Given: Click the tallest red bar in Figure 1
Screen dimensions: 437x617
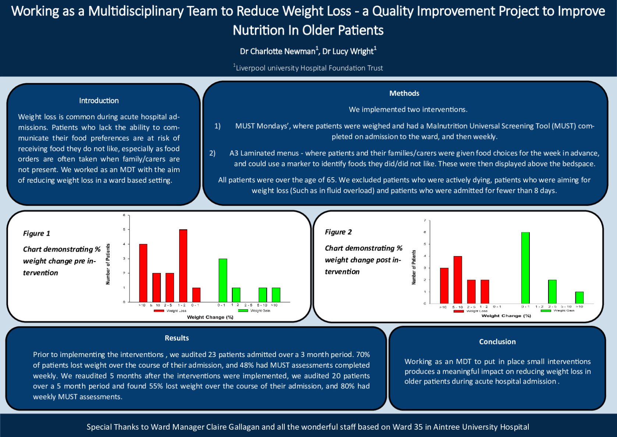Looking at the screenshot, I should pos(183,265).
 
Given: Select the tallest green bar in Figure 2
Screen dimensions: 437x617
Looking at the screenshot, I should pos(525,268).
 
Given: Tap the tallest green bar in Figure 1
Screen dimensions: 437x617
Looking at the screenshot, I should pos(223,280).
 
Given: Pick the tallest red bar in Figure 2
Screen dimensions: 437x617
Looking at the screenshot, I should pos(458,279).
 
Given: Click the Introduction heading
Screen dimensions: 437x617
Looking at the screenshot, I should pos(99,101).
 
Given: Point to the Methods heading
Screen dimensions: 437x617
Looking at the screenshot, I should pos(404,93).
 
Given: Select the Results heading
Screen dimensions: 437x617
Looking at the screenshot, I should pos(177,338).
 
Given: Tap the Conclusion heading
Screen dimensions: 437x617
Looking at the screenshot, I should pos(497,342).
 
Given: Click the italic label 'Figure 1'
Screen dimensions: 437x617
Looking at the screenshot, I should pos(36,233).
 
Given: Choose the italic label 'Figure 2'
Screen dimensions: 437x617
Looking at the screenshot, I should pos(338,232).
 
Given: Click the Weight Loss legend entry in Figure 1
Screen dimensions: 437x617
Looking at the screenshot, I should pos(170,311).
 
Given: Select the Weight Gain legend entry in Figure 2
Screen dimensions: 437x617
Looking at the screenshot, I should pos(557,311).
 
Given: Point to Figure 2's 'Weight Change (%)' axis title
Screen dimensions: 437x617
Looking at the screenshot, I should pos(506,316).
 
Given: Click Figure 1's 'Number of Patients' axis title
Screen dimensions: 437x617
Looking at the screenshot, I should pos(108,264).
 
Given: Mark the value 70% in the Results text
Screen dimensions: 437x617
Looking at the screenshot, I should pos(363,354).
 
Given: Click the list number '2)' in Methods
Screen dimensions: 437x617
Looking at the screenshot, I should pos(212,153).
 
